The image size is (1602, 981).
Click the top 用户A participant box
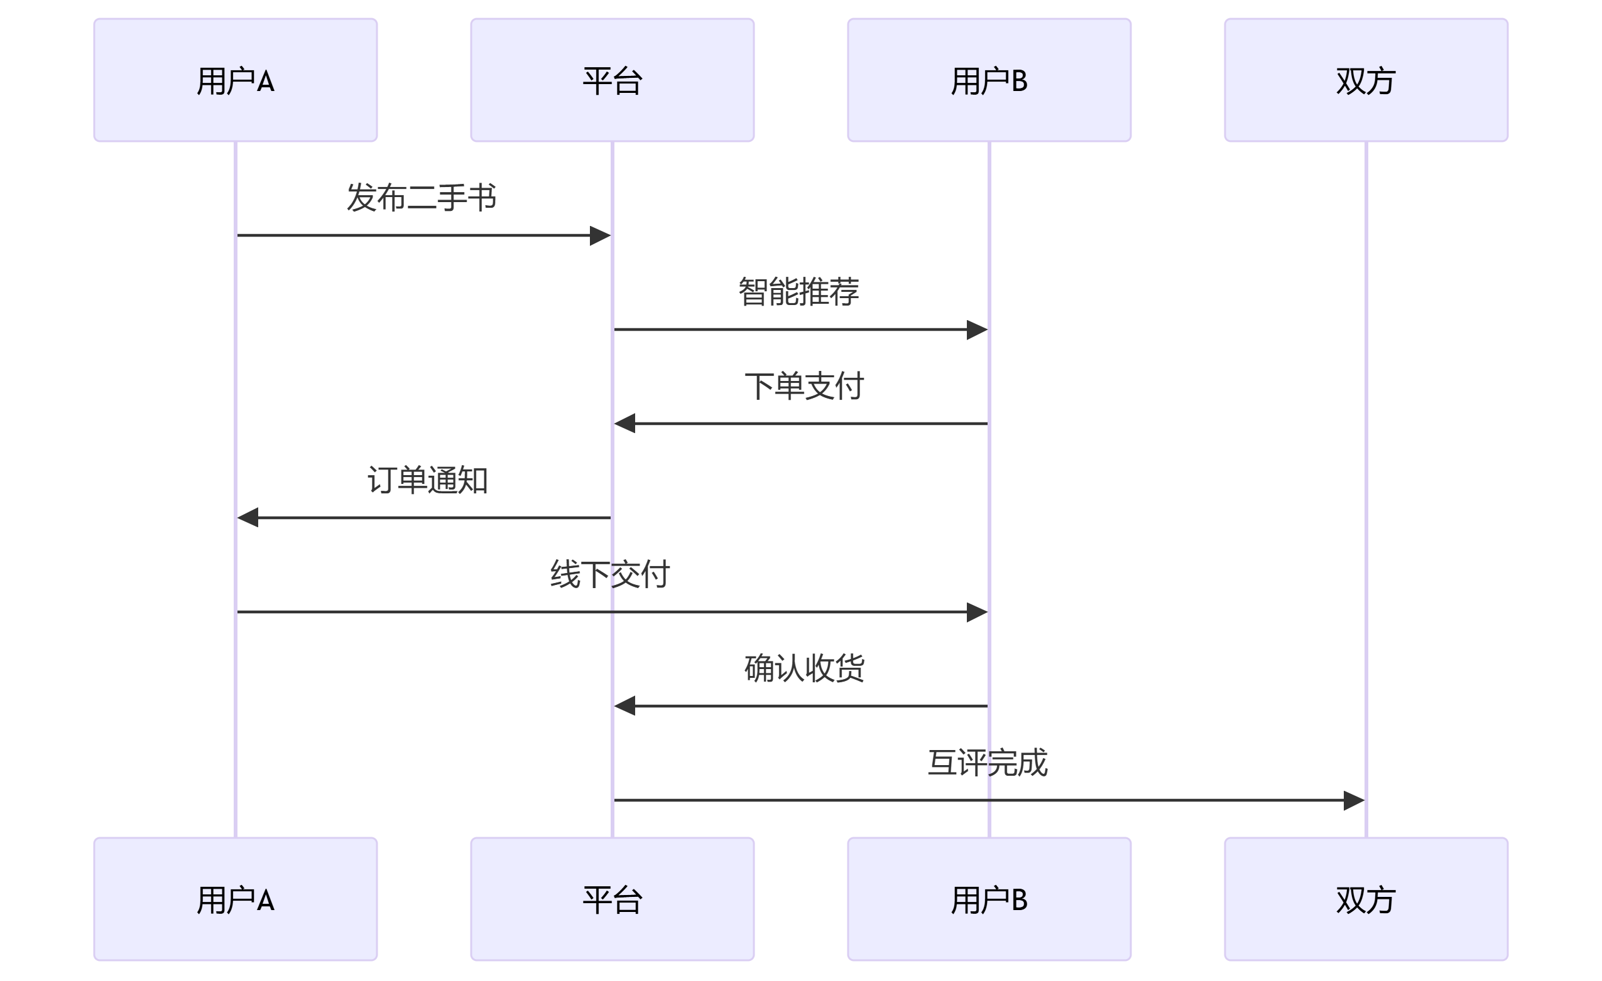[x=236, y=80]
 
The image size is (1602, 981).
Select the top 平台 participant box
[x=612, y=80]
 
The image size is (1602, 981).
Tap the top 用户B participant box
[x=989, y=80]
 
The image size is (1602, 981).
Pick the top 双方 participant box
[x=1365, y=80]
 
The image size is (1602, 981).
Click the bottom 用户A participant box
[x=236, y=899]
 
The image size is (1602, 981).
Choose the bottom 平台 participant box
[x=612, y=899]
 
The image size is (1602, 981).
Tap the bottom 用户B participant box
[x=989, y=899]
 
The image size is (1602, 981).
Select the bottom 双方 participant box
[x=1365, y=899]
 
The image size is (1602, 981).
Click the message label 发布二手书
[x=422, y=198]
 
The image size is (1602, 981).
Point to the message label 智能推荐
[x=798, y=292]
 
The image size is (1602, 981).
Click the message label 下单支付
[x=804, y=386]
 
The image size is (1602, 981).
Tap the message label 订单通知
[x=427, y=480]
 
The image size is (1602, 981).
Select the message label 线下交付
[x=609, y=574]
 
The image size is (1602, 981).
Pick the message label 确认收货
[x=804, y=668]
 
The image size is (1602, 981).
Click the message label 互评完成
[x=987, y=763]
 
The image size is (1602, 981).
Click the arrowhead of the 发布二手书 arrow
[x=600, y=235]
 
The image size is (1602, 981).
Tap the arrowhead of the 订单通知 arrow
[x=248, y=518]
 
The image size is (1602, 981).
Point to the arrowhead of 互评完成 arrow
[x=1354, y=800]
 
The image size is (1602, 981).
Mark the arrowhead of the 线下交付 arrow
[x=977, y=612]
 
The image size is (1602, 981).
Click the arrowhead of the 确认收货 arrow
[x=625, y=706]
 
